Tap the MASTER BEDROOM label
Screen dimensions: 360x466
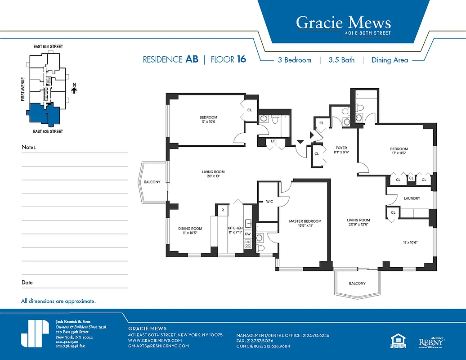pos(305,221)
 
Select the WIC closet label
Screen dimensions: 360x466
pos(269,201)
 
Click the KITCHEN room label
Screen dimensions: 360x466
pos(235,228)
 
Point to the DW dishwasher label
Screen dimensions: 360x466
pos(247,234)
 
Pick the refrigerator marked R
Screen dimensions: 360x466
pos(222,210)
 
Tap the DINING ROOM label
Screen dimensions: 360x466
pos(190,228)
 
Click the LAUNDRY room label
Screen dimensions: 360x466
pos(412,198)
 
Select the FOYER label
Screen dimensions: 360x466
pos(341,148)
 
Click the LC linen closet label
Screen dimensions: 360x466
pos(273,141)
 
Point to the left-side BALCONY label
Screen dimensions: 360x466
pos(152,182)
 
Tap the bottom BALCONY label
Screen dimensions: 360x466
pos(357,283)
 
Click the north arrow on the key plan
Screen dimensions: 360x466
pos(75,89)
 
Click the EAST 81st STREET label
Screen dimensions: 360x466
pos(48,47)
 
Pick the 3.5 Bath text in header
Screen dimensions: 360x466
pos(341,60)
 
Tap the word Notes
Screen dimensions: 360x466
pos(28,147)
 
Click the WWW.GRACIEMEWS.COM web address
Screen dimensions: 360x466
pos(155,341)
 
